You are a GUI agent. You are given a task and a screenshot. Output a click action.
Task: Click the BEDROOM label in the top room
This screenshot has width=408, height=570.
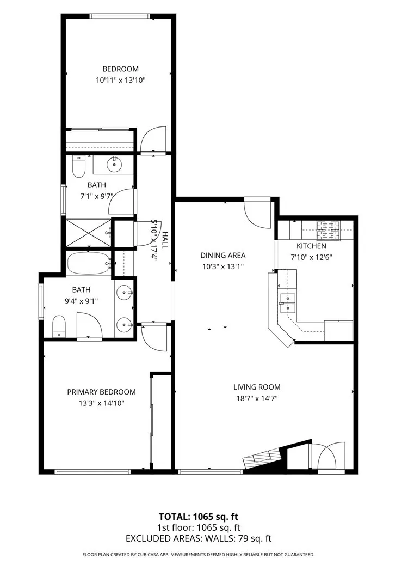[120, 69]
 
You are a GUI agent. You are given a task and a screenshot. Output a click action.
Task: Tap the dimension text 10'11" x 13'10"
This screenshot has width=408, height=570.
[120, 80]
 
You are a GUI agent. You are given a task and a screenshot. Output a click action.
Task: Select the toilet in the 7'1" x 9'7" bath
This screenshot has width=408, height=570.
[78, 166]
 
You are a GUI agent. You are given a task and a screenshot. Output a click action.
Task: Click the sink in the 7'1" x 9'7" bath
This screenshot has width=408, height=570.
[115, 163]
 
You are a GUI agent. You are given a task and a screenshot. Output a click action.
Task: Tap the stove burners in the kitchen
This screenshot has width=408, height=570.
[330, 229]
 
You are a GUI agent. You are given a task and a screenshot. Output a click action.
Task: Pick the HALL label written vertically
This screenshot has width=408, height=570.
[164, 240]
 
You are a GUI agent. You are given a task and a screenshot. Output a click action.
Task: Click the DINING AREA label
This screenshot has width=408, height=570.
[222, 255]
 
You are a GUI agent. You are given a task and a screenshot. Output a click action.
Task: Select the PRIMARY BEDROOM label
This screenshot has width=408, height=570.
[101, 392]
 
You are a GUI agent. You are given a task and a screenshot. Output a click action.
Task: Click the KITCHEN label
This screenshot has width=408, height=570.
[311, 246]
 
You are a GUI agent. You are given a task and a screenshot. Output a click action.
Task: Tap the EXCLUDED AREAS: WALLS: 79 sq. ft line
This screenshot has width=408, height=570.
[198, 538]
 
